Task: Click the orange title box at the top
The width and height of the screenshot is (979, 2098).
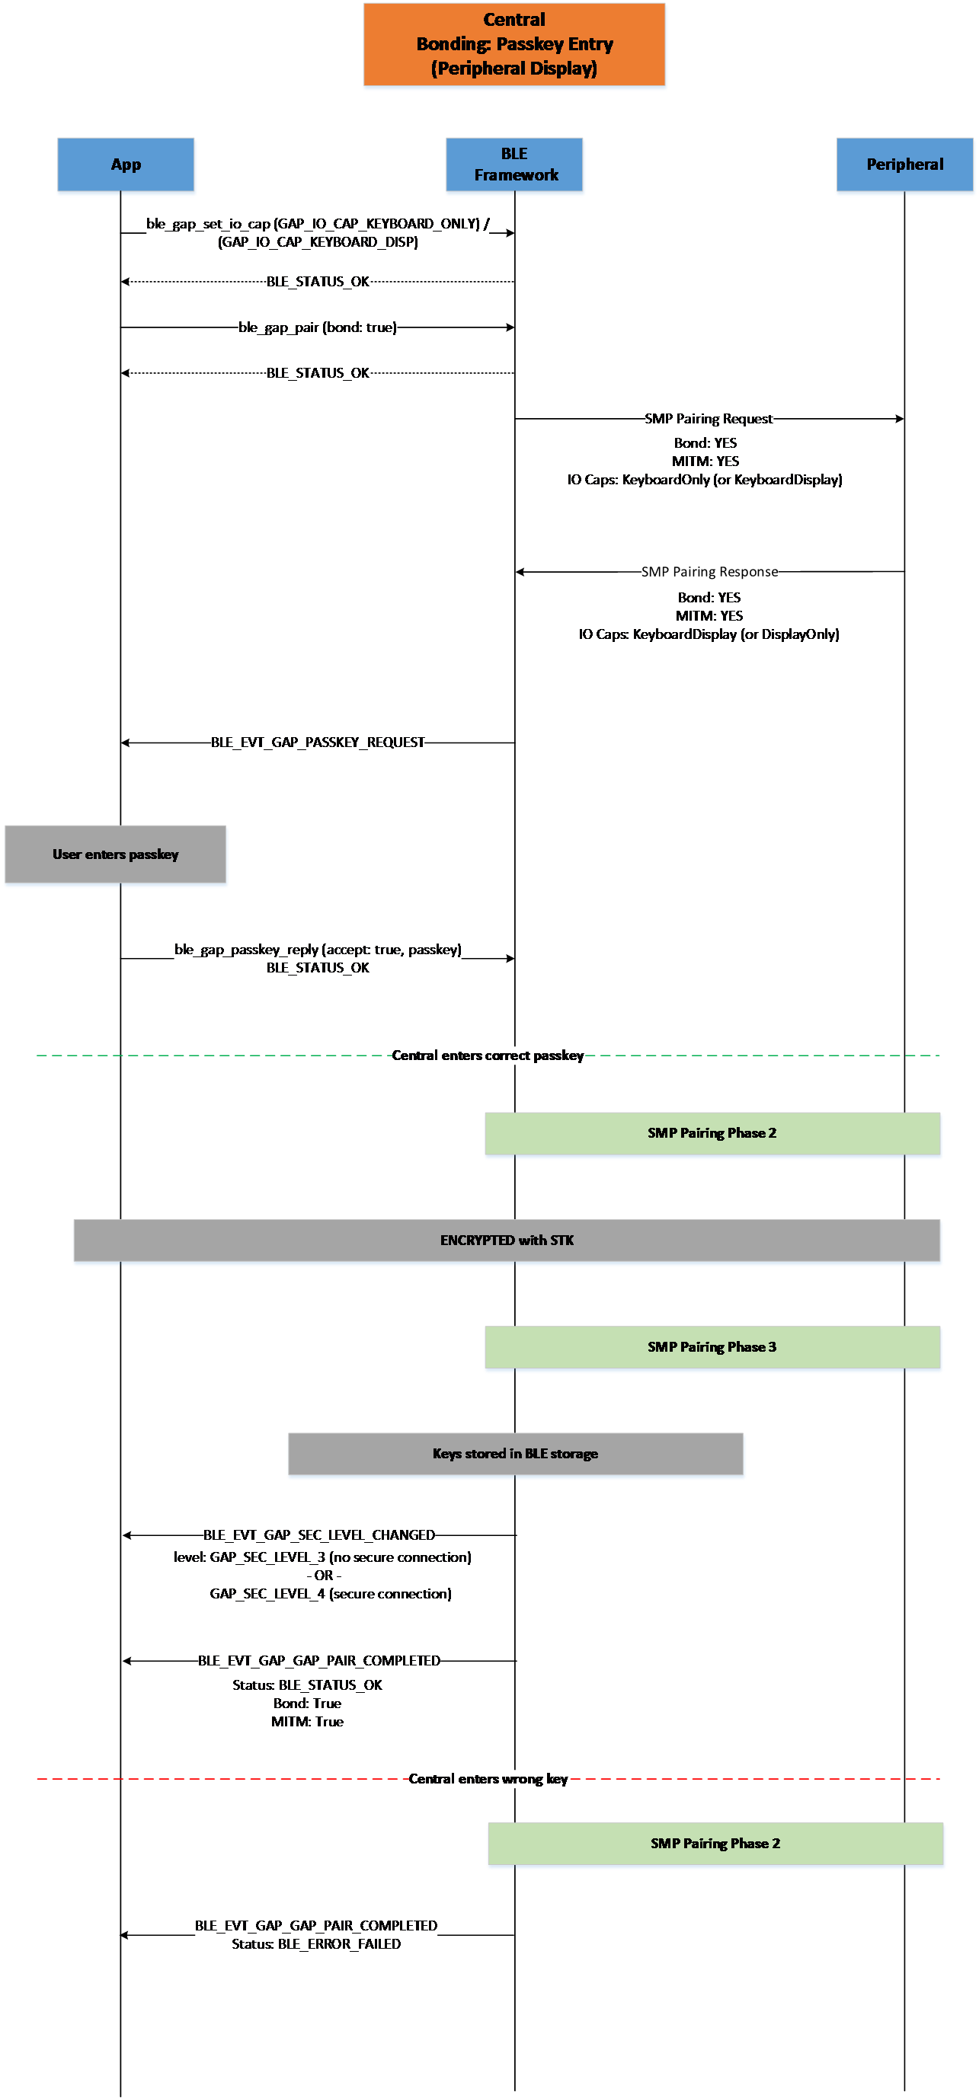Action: tap(514, 44)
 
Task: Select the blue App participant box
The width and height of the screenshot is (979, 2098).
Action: tap(126, 164)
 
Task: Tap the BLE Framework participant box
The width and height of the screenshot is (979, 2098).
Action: tap(514, 164)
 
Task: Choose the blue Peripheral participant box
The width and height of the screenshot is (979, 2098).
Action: tap(905, 164)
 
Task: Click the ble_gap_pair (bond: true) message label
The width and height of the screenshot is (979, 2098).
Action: tap(318, 327)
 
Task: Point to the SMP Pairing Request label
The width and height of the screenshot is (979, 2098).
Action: tap(709, 419)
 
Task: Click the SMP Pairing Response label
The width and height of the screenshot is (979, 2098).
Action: tap(709, 572)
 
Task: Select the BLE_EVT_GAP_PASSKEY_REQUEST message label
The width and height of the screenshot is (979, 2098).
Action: tap(318, 742)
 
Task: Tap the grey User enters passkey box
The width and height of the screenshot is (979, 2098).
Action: tap(116, 854)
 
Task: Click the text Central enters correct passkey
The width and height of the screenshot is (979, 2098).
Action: tap(488, 1055)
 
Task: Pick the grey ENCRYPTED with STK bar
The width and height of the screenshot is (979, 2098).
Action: tap(507, 1241)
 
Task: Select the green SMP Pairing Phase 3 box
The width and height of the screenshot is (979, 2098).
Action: tap(712, 1347)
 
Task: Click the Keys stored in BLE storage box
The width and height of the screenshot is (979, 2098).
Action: tap(516, 1454)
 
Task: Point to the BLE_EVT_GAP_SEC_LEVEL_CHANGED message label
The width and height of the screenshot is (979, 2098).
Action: tap(319, 1535)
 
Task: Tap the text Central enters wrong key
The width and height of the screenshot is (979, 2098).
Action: tap(488, 1779)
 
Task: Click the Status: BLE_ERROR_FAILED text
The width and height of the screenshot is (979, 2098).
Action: tap(316, 1944)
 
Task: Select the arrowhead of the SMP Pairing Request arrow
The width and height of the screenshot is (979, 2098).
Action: tap(900, 419)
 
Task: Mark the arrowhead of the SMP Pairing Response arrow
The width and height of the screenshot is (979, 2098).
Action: tap(520, 572)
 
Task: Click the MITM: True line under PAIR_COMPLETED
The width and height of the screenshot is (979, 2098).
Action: tap(307, 1722)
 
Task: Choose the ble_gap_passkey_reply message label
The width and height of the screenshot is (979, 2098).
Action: tap(318, 950)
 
